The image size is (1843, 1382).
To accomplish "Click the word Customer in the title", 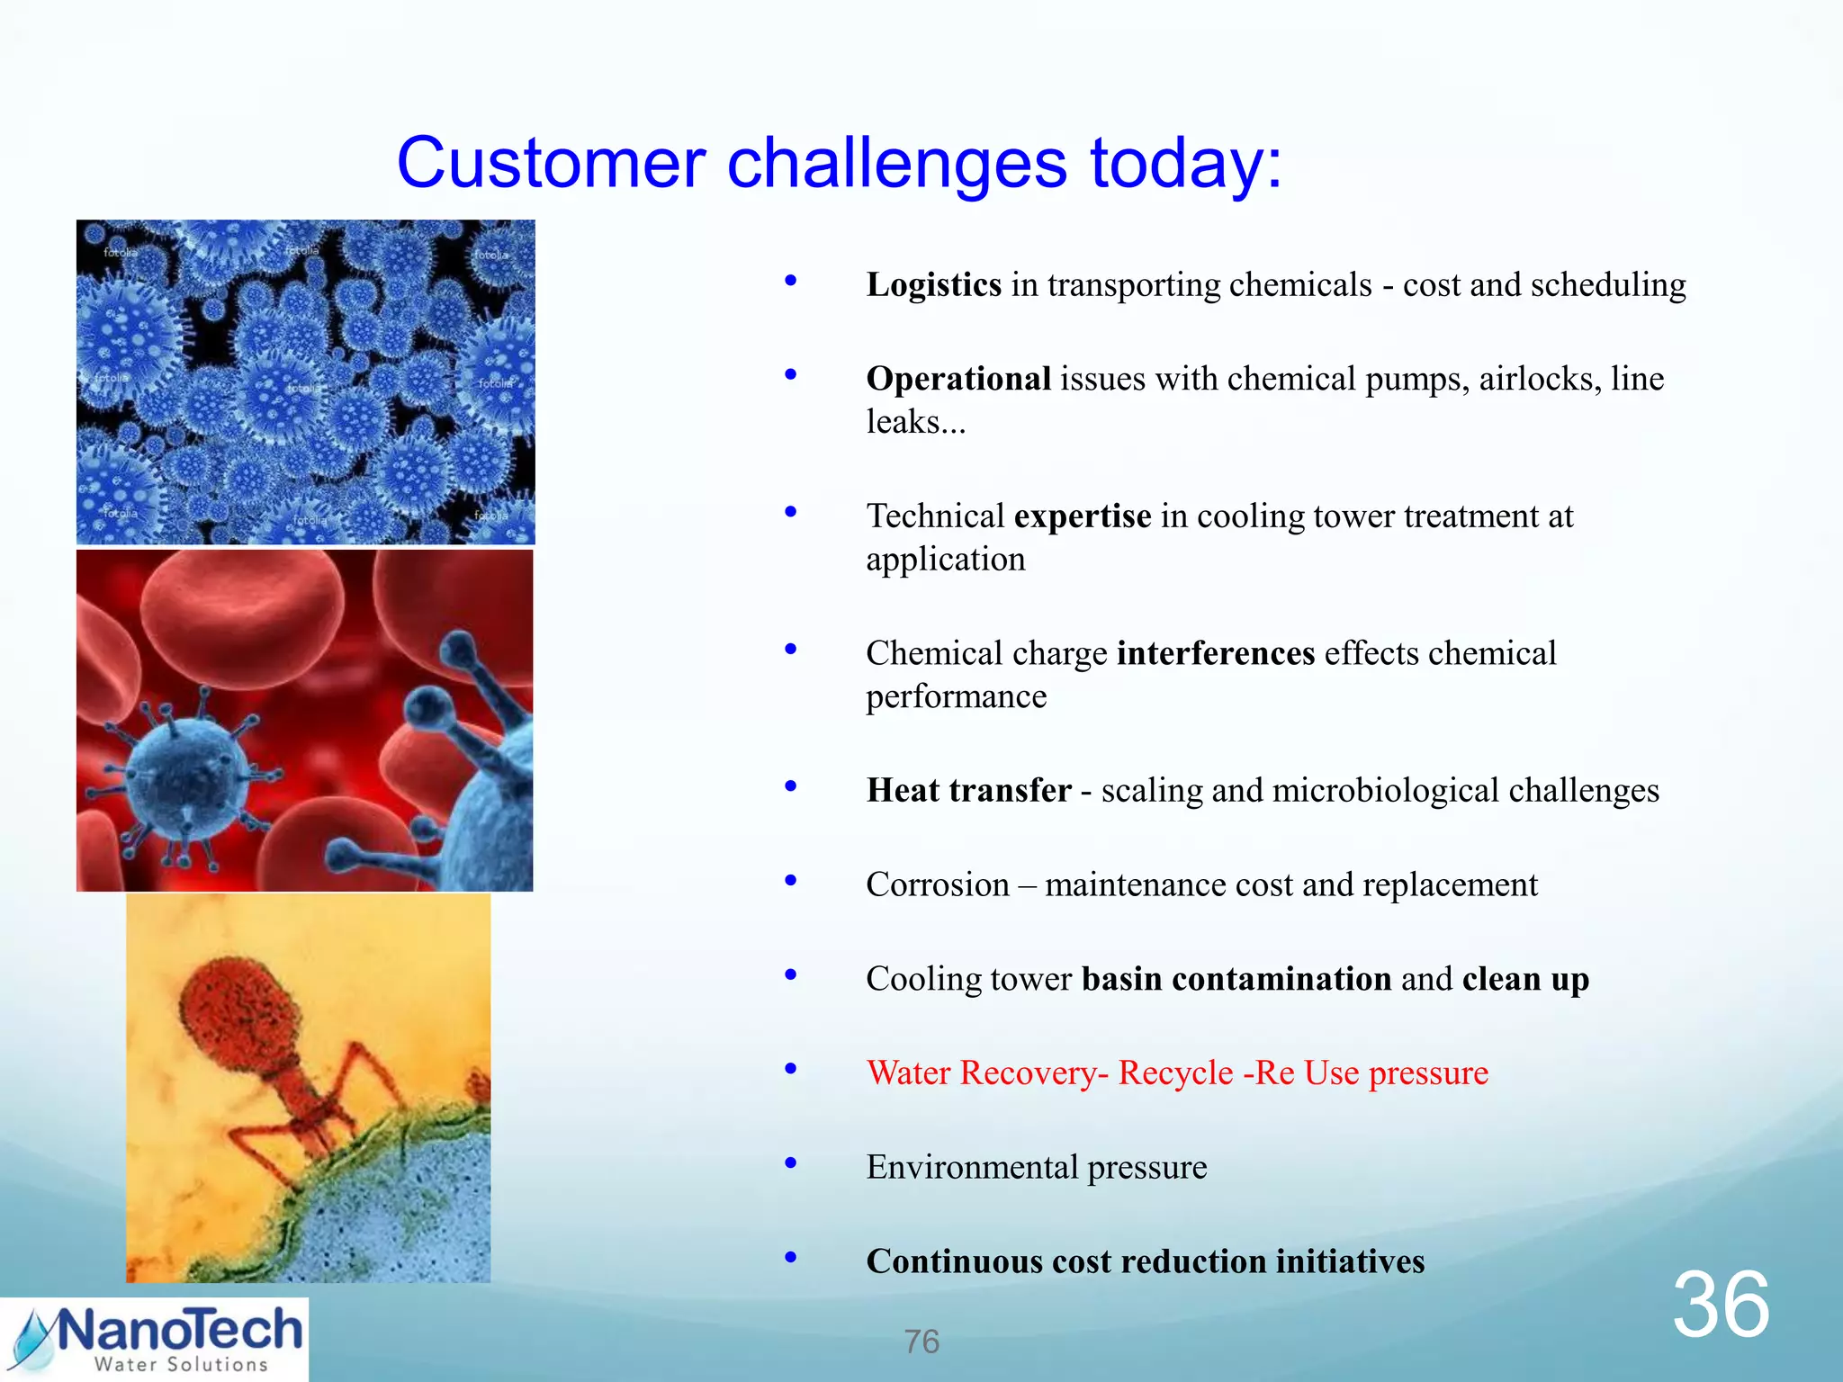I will click(x=551, y=164).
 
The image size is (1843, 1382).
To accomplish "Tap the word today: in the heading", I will click(x=1186, y=164).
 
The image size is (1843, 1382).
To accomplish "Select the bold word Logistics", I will click(x=933, y=285).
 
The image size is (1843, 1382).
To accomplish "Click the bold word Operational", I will click(x=957, y=380).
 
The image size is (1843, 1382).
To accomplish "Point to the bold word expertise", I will click(x=1082, y=516).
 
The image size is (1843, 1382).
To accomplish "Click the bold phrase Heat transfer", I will click(x=968, y=791).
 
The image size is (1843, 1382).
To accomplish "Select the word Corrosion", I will click(x=937, y=885).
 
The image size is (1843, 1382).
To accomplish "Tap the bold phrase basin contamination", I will click(x=1236, y=979).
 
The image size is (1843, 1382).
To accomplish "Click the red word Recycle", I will click(x=1174, y=1073).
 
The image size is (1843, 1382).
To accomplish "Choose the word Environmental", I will click(x=971, y=1168).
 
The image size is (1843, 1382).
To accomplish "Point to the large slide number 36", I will click(x=1720, y=1305).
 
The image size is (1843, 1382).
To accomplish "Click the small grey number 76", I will click(x=921, y=1342).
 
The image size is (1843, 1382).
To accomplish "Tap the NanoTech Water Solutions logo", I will click(x=154, y=1340).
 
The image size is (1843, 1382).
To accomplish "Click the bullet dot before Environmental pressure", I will click(x=790, y=1163).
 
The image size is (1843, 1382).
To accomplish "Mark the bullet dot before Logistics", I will click(x=790, y=281).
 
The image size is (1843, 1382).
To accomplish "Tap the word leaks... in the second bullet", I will click(x=915, y=422).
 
